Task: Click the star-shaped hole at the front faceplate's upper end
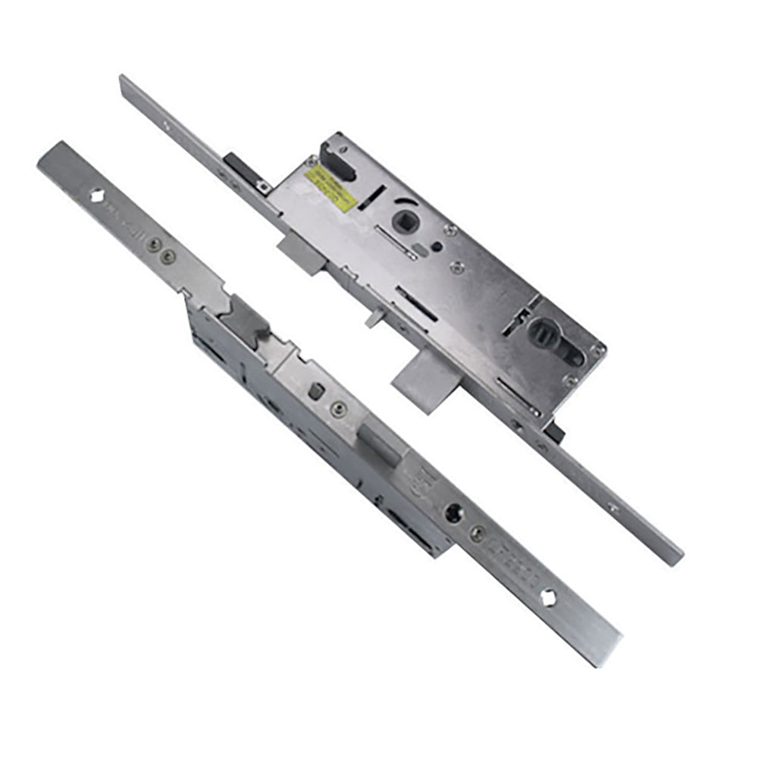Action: point(99,195)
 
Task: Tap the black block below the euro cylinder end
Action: point(555,432)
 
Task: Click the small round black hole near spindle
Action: point(437,246)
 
